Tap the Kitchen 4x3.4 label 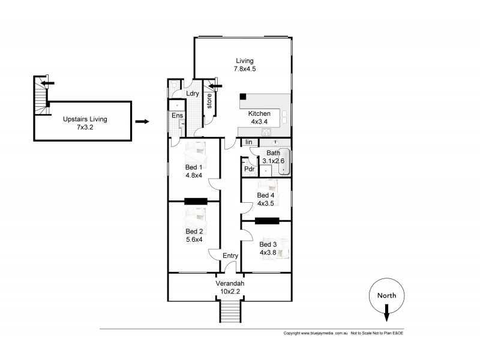[259, 118]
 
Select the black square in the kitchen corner [243, 97]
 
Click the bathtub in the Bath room [284, 161]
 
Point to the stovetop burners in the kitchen [266, 132]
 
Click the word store [209, 101]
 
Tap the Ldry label [193, 94]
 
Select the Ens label [177, 115]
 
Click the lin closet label [249, 142]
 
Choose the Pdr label [250, 169]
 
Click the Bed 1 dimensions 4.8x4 [194, 175]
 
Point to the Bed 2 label [194, 232]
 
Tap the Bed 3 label [268, 244]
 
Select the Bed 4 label [266, 196]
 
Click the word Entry [230, 256]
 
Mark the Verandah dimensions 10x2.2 [230, 292]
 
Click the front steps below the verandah [230, 311]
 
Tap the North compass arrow [386, 313]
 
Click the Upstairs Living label [85, 119]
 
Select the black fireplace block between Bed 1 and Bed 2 [196, 202]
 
